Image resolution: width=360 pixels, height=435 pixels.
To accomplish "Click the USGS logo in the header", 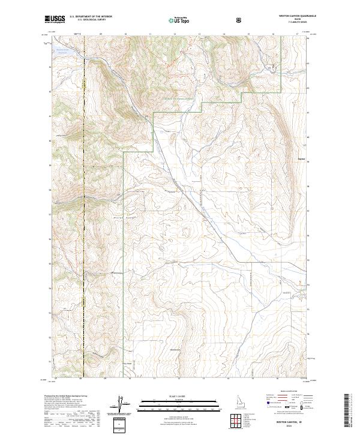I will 55,20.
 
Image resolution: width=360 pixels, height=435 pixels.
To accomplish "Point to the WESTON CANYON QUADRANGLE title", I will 293,16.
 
